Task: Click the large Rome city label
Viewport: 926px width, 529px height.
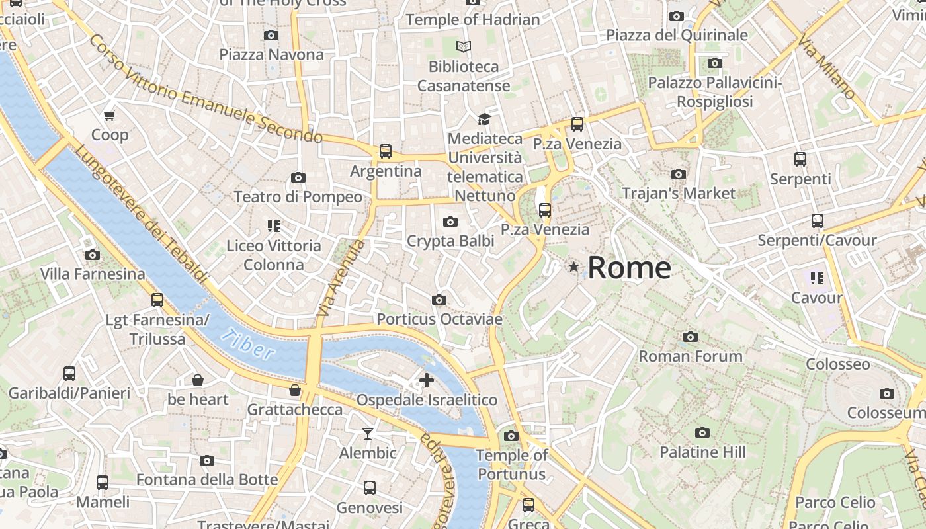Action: tap(629, 268)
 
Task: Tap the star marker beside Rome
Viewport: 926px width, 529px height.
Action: tap(573, 266)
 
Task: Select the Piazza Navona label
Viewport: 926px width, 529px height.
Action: tap(272, 54)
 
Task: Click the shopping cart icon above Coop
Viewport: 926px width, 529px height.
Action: tap(110, 115)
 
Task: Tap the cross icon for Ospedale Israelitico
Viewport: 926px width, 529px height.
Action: tap(427, 380)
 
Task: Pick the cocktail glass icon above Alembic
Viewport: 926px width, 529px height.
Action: tap(368, 433)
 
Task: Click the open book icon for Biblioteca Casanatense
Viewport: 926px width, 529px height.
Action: tap(464, 46)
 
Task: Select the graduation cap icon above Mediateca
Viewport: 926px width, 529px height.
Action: tap(485, 119)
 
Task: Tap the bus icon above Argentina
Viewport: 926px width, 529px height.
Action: tap(386, 151)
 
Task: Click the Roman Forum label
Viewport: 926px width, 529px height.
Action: tap(690, 356)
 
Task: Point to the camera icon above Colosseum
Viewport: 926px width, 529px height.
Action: tap(887, 393)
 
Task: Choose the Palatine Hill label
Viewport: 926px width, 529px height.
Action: tap(702, 452)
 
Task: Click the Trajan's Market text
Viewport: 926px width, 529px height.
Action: tap(679, 193)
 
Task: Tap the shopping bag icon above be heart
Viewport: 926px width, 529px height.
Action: tap(197, 380)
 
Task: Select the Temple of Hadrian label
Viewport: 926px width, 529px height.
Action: tap(473, 20)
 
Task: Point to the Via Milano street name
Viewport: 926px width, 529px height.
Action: tap(826, 68)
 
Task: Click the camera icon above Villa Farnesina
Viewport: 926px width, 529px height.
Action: tap(93, 255)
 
